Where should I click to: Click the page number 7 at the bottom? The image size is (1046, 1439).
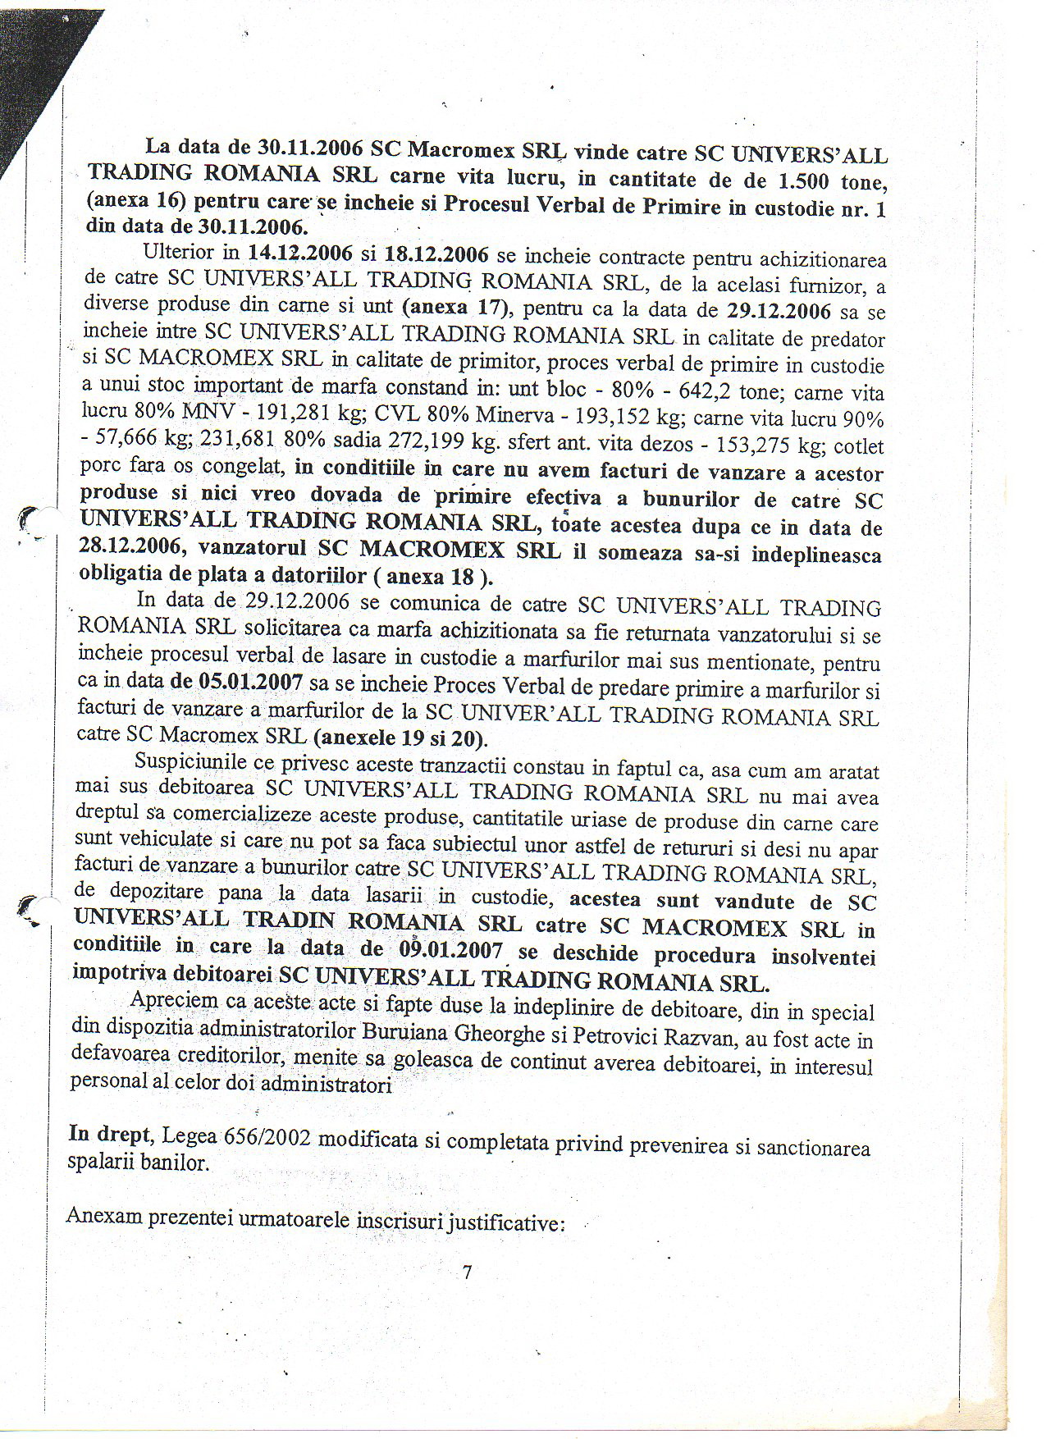coord(467,1272)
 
